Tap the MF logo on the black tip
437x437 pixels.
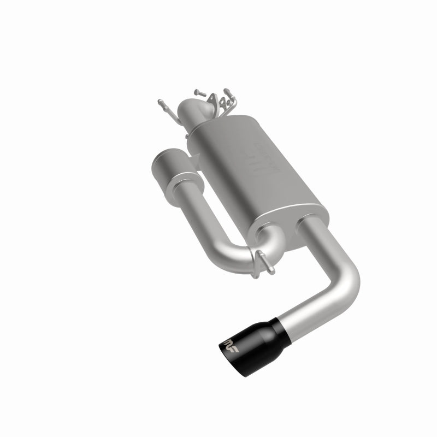click(232, 344)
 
